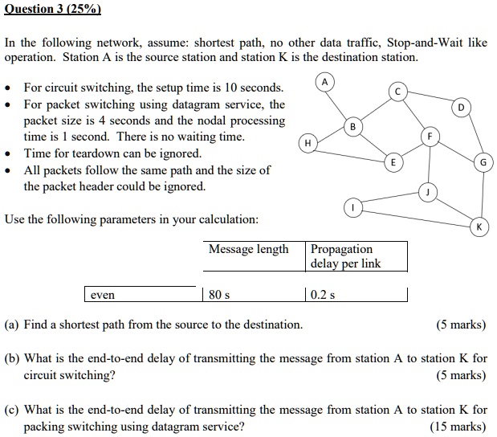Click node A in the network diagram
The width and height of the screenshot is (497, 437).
point(324,83)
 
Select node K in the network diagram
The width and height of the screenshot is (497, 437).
point(479,227)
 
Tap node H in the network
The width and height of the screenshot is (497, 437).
point(308,143)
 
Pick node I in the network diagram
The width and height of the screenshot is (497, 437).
point(353,208)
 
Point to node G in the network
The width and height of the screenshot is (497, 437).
point(483,162)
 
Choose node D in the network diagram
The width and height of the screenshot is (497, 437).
point(461,108)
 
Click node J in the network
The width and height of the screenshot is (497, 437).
point(428,193)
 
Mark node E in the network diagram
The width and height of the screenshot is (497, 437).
point(393,162)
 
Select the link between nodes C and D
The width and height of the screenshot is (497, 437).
point(430,96)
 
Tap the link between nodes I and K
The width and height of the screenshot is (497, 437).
point(416,218)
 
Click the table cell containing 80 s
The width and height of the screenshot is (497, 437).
point(254,295)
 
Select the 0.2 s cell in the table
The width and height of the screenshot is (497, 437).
point(356,295)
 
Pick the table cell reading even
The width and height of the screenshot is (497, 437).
point(144,295)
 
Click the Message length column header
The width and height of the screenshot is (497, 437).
point(249,249)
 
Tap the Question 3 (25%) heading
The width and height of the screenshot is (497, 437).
point(53,9)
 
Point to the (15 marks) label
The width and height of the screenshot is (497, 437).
point(458,427)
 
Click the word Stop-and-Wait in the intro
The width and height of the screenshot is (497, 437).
point(425,43)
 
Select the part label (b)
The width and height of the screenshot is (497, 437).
point(12,358)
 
